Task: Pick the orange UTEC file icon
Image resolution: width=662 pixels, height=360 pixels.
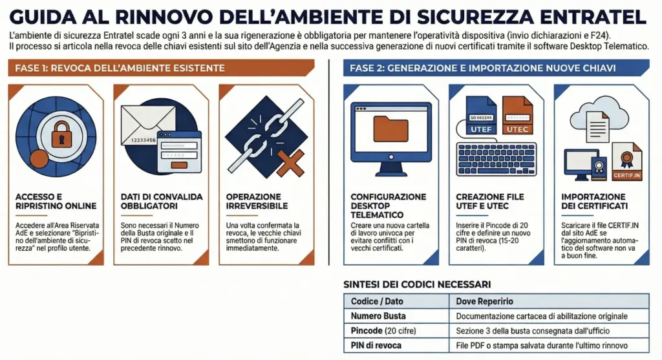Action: point(517,116)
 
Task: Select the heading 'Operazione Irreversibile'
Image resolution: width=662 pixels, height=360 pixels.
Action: point(253,201)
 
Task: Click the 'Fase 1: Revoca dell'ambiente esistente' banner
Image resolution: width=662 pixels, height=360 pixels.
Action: point(162,68)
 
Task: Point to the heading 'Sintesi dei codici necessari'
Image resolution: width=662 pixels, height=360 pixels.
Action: point(417,284)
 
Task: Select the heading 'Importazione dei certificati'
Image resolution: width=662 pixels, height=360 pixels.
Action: point(594,201)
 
